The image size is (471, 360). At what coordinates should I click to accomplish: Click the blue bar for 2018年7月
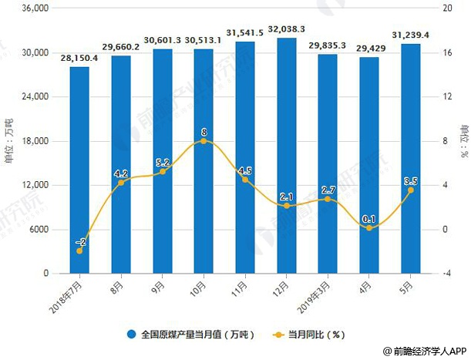(x=79, y=170)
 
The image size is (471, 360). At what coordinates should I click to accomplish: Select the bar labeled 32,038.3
(x=287, y=154)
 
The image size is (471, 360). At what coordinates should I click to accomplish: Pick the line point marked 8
(x=204, y=141)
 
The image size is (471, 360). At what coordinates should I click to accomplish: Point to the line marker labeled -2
(x=79, y=251)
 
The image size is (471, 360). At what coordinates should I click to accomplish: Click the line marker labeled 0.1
(x=369, y=228)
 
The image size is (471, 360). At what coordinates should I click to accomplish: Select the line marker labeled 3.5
(x=411, y=190)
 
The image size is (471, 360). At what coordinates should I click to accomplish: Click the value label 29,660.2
(x=121, y=46)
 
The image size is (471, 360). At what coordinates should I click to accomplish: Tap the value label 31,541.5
(x=245, y=32)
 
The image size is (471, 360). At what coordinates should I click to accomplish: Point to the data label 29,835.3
(x=328, y=45)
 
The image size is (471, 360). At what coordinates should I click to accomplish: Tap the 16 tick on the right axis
(x=444, y=52)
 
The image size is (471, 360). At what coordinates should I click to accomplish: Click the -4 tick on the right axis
(x=444, y=274)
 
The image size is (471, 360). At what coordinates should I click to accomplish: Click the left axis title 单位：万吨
(x=9, y=140)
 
